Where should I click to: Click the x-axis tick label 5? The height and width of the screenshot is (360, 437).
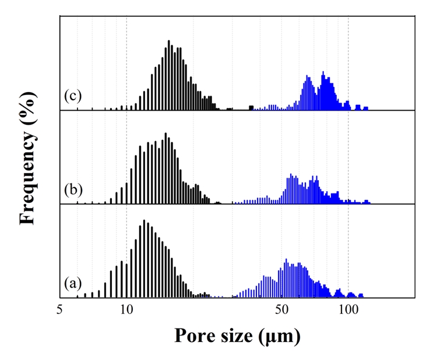point(60,311)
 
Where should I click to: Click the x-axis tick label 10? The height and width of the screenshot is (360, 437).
point(126,311)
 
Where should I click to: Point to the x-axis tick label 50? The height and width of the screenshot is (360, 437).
point(282,311)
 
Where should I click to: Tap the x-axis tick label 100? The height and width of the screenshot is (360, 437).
point(348,311)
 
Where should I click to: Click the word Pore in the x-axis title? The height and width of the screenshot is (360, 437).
point(198,336)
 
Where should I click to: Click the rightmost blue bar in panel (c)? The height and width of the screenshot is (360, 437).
point(366,108)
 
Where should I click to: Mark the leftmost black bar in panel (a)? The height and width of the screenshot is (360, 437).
point(77,295)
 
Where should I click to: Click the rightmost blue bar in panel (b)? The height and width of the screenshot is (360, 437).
point(367,202)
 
